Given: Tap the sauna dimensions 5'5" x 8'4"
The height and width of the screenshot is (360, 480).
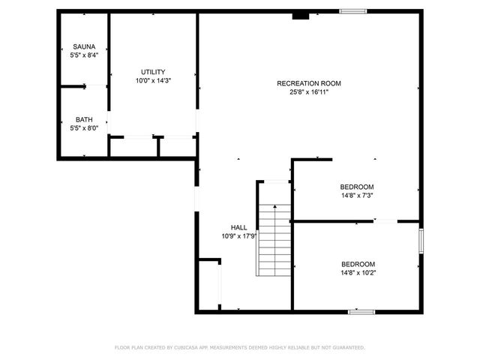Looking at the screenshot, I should [85, 55].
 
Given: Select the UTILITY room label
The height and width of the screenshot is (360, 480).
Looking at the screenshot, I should [153, 72].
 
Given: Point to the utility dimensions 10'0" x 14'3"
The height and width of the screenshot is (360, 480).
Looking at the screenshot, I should [153, 80].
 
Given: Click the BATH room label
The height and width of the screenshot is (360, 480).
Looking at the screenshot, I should [84, 119].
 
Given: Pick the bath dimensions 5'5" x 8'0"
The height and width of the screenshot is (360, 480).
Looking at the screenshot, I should [84, 127].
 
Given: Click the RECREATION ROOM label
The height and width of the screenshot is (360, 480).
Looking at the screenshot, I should [309, 83].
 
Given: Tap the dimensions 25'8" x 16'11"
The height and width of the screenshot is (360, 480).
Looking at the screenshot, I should [309, 91].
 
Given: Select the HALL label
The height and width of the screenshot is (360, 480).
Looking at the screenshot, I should [238, 227].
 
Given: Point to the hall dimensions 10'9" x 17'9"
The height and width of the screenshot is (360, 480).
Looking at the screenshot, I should [239, 235].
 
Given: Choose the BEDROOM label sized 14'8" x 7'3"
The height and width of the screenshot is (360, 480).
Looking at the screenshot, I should [357, 187].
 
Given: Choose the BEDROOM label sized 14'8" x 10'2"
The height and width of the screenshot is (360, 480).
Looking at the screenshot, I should [358, 264].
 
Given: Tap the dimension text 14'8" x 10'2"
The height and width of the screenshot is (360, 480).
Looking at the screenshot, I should [358, 272].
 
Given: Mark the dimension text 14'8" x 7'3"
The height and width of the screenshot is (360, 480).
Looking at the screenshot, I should [357, 195].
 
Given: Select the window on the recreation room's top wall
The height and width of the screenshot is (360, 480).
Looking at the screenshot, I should [352, 10].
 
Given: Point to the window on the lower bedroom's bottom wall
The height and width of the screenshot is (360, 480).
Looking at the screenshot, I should [361, 310].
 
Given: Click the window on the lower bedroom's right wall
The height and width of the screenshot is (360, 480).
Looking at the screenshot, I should [421, 241].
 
